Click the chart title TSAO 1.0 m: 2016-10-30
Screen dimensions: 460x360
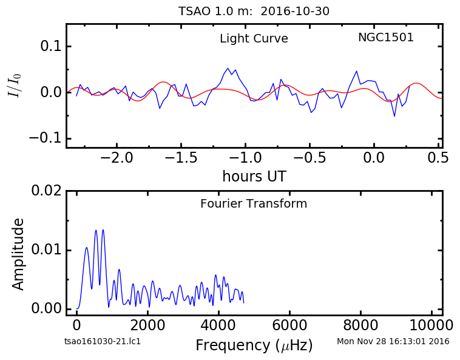coord(254,12)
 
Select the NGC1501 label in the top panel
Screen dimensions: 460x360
coord(386,37)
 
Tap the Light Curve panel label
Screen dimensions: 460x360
coord(254,38)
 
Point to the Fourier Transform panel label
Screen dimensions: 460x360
coord(254,203)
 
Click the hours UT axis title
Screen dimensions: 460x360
coord(254,176)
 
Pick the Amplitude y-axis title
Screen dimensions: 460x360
coord(18,254)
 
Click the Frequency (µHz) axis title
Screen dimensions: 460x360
coord(254,345)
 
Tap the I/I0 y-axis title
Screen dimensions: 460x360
coord(15,86)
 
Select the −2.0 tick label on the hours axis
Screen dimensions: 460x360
coord(117,158)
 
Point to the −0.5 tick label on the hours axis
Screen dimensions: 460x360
coord(309,158)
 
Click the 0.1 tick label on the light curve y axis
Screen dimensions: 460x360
coord(52,46)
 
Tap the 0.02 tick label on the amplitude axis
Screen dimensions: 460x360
coord(47,191)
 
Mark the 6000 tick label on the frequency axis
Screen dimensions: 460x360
coord(289,325)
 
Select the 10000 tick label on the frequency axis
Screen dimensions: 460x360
coord(431,325)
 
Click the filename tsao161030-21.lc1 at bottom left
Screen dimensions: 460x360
coord(103,342)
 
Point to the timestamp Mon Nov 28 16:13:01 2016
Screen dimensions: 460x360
coord(393,342)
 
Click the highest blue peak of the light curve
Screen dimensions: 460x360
coord(228,68)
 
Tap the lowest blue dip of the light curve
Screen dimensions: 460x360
coord(394,116)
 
